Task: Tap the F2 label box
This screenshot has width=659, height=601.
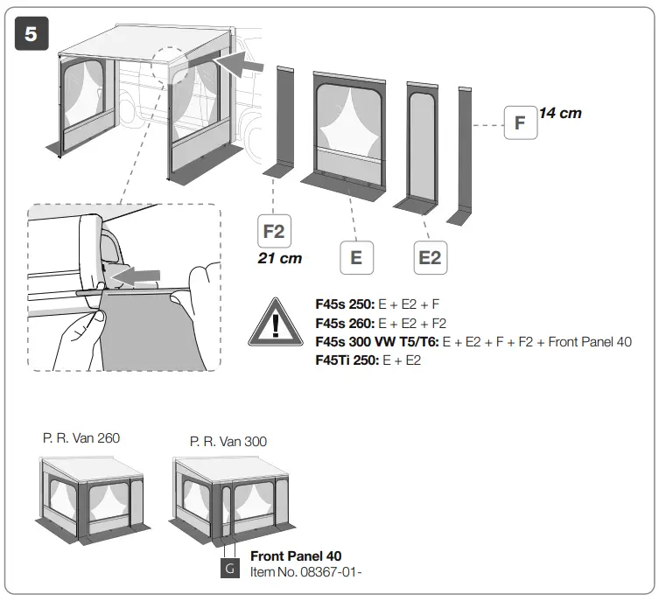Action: (x=274, y=233)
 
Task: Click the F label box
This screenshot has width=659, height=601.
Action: (x=520, y=122)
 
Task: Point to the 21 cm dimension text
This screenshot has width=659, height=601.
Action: (x=279, y=259)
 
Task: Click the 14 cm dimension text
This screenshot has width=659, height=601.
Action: (x=560, y=113)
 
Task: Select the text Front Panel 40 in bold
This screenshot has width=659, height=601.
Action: (x=296, y=556)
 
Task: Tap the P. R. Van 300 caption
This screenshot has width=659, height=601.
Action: (x=228, y=442)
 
